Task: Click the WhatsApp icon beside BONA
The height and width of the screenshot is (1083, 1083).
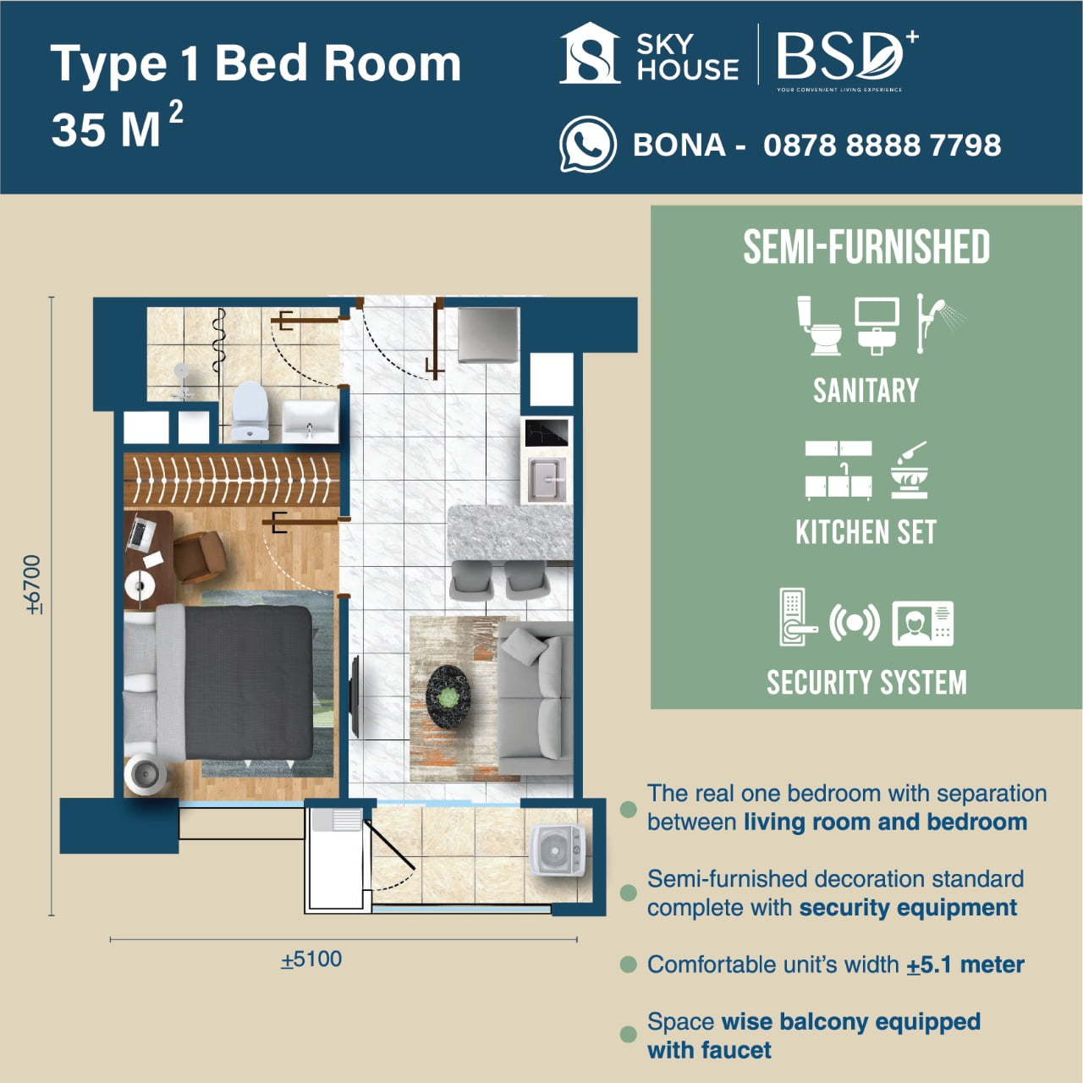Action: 587,145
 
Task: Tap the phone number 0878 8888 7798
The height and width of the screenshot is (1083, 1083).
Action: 882,145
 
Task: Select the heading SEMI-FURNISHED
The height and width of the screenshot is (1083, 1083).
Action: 866,247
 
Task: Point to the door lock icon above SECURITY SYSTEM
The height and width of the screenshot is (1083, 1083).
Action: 795,617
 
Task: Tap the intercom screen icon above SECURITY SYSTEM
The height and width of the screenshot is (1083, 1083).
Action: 923,624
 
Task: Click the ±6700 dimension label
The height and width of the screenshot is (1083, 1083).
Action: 33,584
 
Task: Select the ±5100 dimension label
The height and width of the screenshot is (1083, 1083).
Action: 311,959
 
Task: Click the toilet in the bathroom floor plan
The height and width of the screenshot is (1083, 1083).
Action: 250,410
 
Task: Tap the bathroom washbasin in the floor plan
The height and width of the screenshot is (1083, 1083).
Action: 309,420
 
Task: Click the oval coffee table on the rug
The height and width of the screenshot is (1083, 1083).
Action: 448,696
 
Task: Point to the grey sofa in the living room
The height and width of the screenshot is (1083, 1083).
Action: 536,697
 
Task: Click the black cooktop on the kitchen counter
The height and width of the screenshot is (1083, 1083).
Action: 546,433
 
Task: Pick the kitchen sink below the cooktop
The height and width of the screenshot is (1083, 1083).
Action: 547,479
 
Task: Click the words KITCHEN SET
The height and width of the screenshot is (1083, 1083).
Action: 866,532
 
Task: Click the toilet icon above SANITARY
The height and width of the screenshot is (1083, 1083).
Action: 819,325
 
